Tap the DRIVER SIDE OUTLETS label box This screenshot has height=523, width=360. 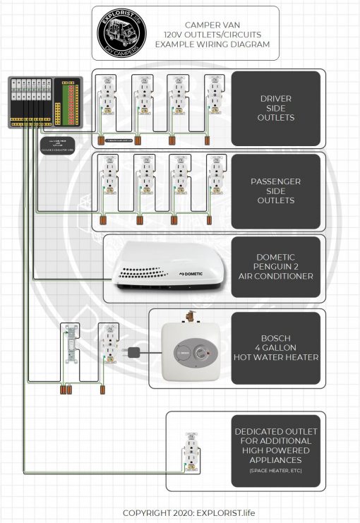tap(275, 108)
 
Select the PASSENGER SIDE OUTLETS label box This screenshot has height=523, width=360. tap(275, 191)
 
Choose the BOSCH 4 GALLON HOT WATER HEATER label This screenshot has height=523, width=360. tap(275, 347)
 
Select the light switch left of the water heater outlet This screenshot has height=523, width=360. tap(71, 346)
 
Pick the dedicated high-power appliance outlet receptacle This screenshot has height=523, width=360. tap(191, 452)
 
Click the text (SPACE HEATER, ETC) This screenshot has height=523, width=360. tap(275, 470)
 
